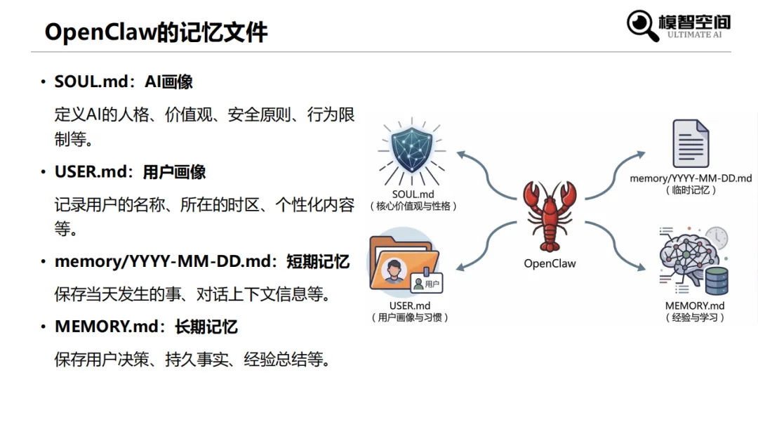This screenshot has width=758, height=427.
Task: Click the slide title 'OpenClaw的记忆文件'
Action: pos(156,32)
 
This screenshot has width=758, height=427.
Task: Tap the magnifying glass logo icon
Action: pos(641,25)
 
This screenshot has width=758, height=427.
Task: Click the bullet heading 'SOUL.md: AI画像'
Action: pos(124,82)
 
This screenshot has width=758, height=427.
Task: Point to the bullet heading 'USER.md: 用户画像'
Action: pos(130,172)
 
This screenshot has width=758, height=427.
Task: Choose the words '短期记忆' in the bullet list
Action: pos(318,262)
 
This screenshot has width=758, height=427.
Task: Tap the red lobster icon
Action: pos(550,215)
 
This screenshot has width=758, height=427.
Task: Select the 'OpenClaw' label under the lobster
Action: pos(550,264)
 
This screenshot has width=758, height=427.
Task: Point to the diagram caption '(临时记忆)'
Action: pos(691,190)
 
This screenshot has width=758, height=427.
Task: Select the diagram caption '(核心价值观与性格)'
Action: pos(413,206)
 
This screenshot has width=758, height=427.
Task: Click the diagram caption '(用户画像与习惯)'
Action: pos(410,317)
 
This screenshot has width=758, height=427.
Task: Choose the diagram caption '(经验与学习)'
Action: pos(695,317)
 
